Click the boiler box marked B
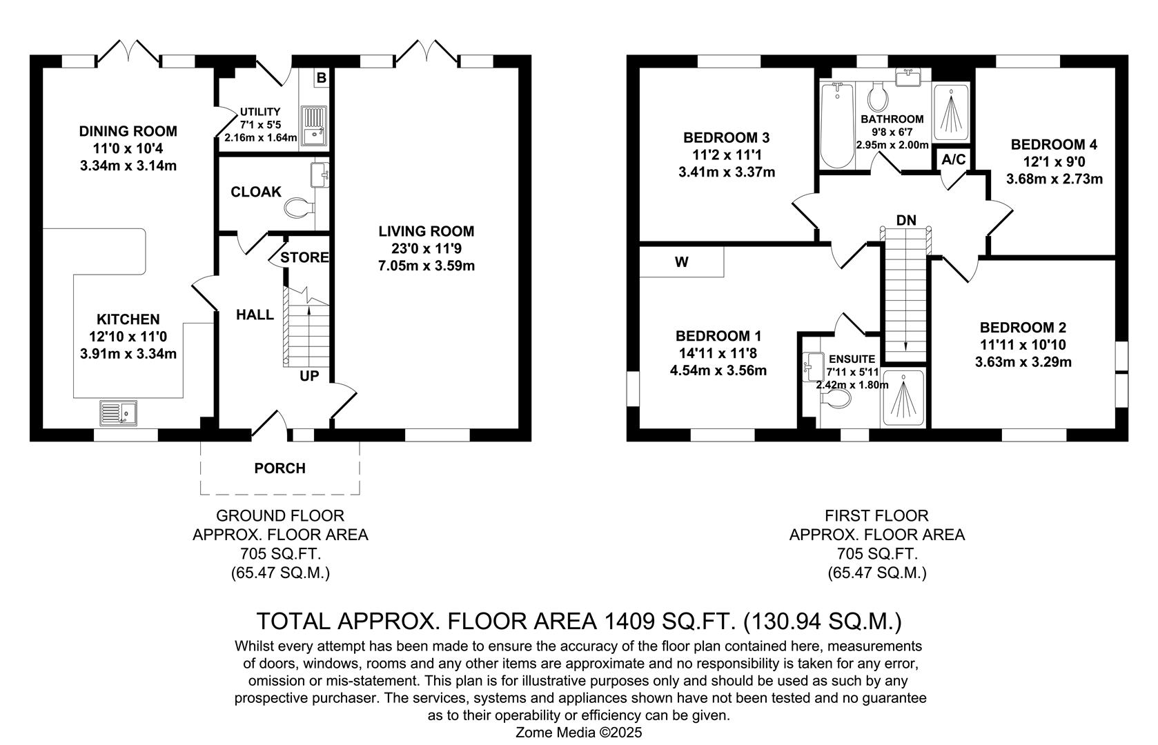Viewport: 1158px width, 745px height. [x=321, y=78]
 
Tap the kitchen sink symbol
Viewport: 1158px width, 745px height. [x=118, y=413]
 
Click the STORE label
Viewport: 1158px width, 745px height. [x=304, y=257]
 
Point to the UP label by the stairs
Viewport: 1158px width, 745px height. [x=309, y=376]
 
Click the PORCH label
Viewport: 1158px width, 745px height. [x=279, y=468]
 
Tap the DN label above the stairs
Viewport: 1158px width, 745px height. [x=906, y=221]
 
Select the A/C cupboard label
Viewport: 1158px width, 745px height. [x=954, y=160]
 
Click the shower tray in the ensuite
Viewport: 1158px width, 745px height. [x=903, y=398]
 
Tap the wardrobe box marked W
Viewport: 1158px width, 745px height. [x=681, y=262]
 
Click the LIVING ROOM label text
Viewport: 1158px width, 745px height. [x=426, y=231]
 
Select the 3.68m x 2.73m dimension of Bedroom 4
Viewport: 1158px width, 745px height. [x=1054, y=179]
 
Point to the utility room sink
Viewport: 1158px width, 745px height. [x=313, y=126]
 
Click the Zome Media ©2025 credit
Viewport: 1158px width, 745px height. [x=578, y=732]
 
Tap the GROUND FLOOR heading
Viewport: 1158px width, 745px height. [x=279, y=515]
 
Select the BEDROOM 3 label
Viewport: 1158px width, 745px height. [x=726, y=137]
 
